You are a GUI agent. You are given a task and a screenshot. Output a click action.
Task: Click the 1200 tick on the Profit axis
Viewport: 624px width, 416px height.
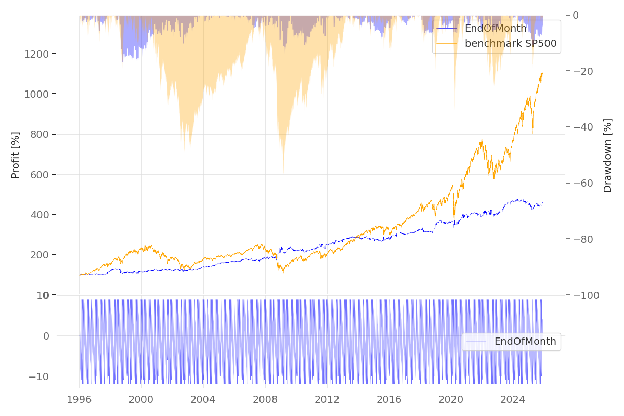pos(36,54)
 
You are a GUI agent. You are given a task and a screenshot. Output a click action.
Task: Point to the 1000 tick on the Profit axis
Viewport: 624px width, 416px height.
pos(36,94)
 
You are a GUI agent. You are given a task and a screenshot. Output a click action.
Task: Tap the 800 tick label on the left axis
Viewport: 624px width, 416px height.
pos(39,134)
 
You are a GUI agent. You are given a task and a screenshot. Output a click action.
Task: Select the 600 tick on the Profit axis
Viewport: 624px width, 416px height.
pos(39,175)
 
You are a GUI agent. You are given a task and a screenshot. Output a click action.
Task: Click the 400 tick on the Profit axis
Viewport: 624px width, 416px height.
pos(39,215)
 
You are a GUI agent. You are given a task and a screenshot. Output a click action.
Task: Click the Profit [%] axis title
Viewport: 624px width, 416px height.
pos(16,155)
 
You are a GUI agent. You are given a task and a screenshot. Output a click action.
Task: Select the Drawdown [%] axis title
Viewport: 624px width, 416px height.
pos(607,155)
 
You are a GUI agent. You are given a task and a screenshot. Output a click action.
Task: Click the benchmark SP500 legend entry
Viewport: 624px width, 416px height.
pos(510,44)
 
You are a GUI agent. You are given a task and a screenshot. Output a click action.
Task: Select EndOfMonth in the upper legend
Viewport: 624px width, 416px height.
pos(496,29)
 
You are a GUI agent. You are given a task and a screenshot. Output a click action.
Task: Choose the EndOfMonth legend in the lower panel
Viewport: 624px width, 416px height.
pos(525,342)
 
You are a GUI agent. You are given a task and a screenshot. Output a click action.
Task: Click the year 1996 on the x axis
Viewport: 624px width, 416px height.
pos(79,399)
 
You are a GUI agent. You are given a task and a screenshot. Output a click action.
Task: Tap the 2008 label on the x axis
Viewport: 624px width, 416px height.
pos(265,399)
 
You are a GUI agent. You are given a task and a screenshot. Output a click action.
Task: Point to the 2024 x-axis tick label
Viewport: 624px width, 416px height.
pos(513,399)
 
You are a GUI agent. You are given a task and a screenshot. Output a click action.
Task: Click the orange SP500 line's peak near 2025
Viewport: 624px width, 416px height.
pos(541,72)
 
